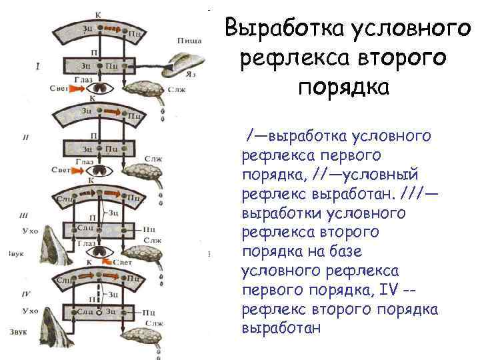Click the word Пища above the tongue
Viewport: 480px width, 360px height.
coord(189,41)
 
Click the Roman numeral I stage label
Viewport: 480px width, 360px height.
coord(38,66)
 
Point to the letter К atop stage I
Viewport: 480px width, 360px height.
coord(98,14)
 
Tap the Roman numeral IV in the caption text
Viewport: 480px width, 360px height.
coord(389,290)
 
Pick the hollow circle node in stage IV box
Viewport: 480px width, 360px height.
coord(98,312)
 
